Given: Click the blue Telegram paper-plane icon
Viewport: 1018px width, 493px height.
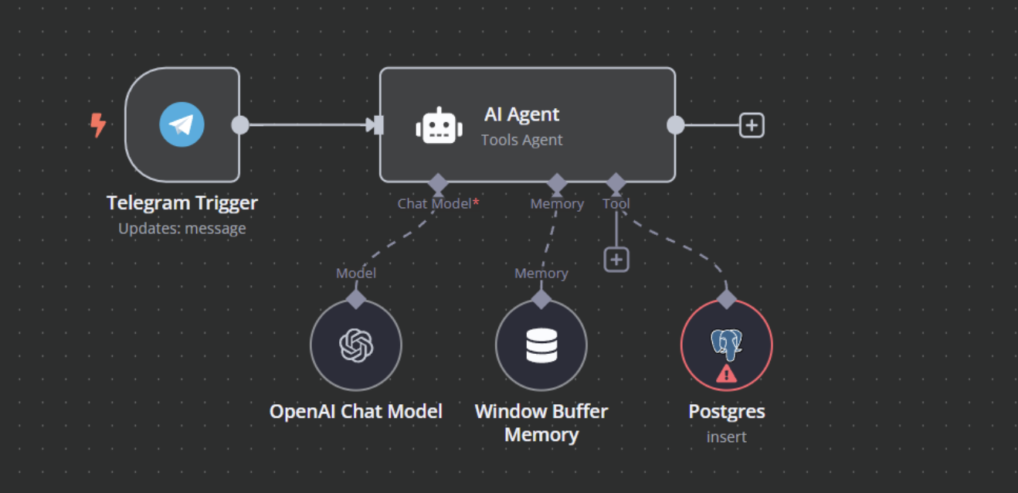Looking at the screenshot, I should click(182, 124).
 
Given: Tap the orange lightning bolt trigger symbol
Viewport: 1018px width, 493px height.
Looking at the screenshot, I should click(98, 124).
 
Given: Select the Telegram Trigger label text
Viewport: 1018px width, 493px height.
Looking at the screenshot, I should click(182, 203).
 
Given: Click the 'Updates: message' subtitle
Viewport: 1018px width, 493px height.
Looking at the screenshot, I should click(182, 229).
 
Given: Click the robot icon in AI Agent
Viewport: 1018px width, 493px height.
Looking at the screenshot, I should click(439, 126).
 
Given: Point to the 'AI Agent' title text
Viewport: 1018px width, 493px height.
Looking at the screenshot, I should click(521, 114).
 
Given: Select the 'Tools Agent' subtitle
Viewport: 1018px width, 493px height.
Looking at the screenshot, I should click(521, 140).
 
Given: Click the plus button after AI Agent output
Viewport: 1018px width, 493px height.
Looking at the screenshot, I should click(752, 125).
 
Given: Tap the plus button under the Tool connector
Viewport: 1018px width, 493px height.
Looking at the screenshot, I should click(616, 260).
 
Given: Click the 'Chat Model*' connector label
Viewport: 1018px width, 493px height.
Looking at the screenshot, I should click(438, 204).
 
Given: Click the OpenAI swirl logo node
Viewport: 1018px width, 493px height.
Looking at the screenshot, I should click(356, 345).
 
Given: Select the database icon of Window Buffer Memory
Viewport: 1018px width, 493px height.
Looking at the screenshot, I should click(541, 345).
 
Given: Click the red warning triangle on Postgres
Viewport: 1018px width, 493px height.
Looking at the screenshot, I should click(726, 375).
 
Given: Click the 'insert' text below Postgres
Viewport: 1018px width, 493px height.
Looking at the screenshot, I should click(726, 437).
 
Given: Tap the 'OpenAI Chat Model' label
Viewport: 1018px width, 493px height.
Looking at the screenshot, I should click(356, 411).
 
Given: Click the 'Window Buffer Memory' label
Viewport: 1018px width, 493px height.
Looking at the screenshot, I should click(541, 423).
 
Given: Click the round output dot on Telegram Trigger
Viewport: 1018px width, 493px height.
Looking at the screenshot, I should click(240, 125).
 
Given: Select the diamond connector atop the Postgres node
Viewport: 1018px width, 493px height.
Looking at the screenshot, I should click(726, 299).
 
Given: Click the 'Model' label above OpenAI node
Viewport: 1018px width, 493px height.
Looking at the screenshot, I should click(356, 274).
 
